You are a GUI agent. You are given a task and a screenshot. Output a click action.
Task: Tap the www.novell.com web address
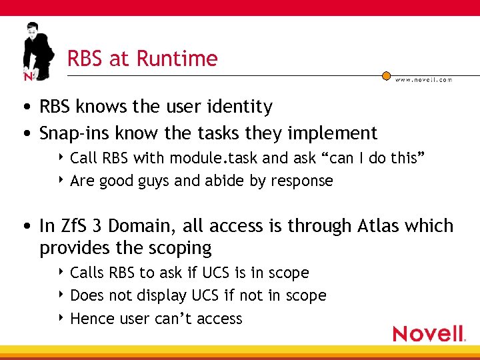tap(423, 79)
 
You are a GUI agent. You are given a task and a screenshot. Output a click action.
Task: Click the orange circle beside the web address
tap(386, 76)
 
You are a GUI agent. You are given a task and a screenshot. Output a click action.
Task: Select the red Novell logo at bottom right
tap(429, 333)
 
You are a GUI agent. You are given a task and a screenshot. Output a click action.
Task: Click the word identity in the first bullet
tap(243, 107)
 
